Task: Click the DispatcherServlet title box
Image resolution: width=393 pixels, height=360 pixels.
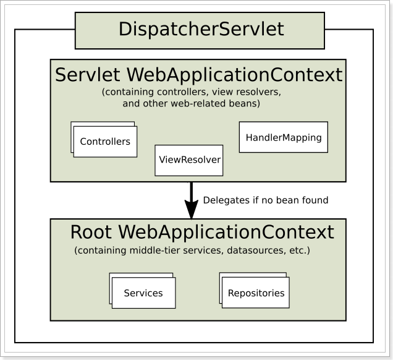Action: pyautogui.click(x=200, y=30)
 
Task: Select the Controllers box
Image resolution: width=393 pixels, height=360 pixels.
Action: pyautogui.click(x=105, y=142)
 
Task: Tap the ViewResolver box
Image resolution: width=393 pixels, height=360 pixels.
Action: pyautogui.click(x=188, y=160)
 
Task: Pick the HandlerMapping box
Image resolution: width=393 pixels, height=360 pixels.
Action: pyautogui.click(x=284, y=137)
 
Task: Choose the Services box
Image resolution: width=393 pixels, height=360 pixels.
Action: pyautogui.click(x=143, y=293)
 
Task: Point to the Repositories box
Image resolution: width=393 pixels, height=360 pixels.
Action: pyautogui.click(x=256, y=293)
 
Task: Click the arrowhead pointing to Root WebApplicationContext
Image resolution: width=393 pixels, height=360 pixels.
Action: pyautogui.click(x=192, y=209)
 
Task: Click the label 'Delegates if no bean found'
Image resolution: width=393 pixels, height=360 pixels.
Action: pyautogui.click(x=266, y=200)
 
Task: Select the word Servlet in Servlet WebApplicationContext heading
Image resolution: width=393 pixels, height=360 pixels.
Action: pyautogui.click(x=88, y=75)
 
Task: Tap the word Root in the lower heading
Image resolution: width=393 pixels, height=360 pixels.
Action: pyautogui.click(x=91, y=232)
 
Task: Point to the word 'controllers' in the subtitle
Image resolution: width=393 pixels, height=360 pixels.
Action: pyautogui.click(x=183, y=92)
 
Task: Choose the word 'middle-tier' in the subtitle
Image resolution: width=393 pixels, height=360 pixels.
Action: pyautogui.click(x=155, y=251)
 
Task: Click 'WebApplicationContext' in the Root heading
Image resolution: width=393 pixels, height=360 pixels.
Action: pyautogui.click(x=226, y=232)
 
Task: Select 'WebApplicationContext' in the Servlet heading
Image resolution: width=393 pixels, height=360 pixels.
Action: pyautogui.click(x=235, y=75)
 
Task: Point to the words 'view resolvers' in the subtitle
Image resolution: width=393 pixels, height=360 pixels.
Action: pyautogui.click(x=247, y=92)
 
